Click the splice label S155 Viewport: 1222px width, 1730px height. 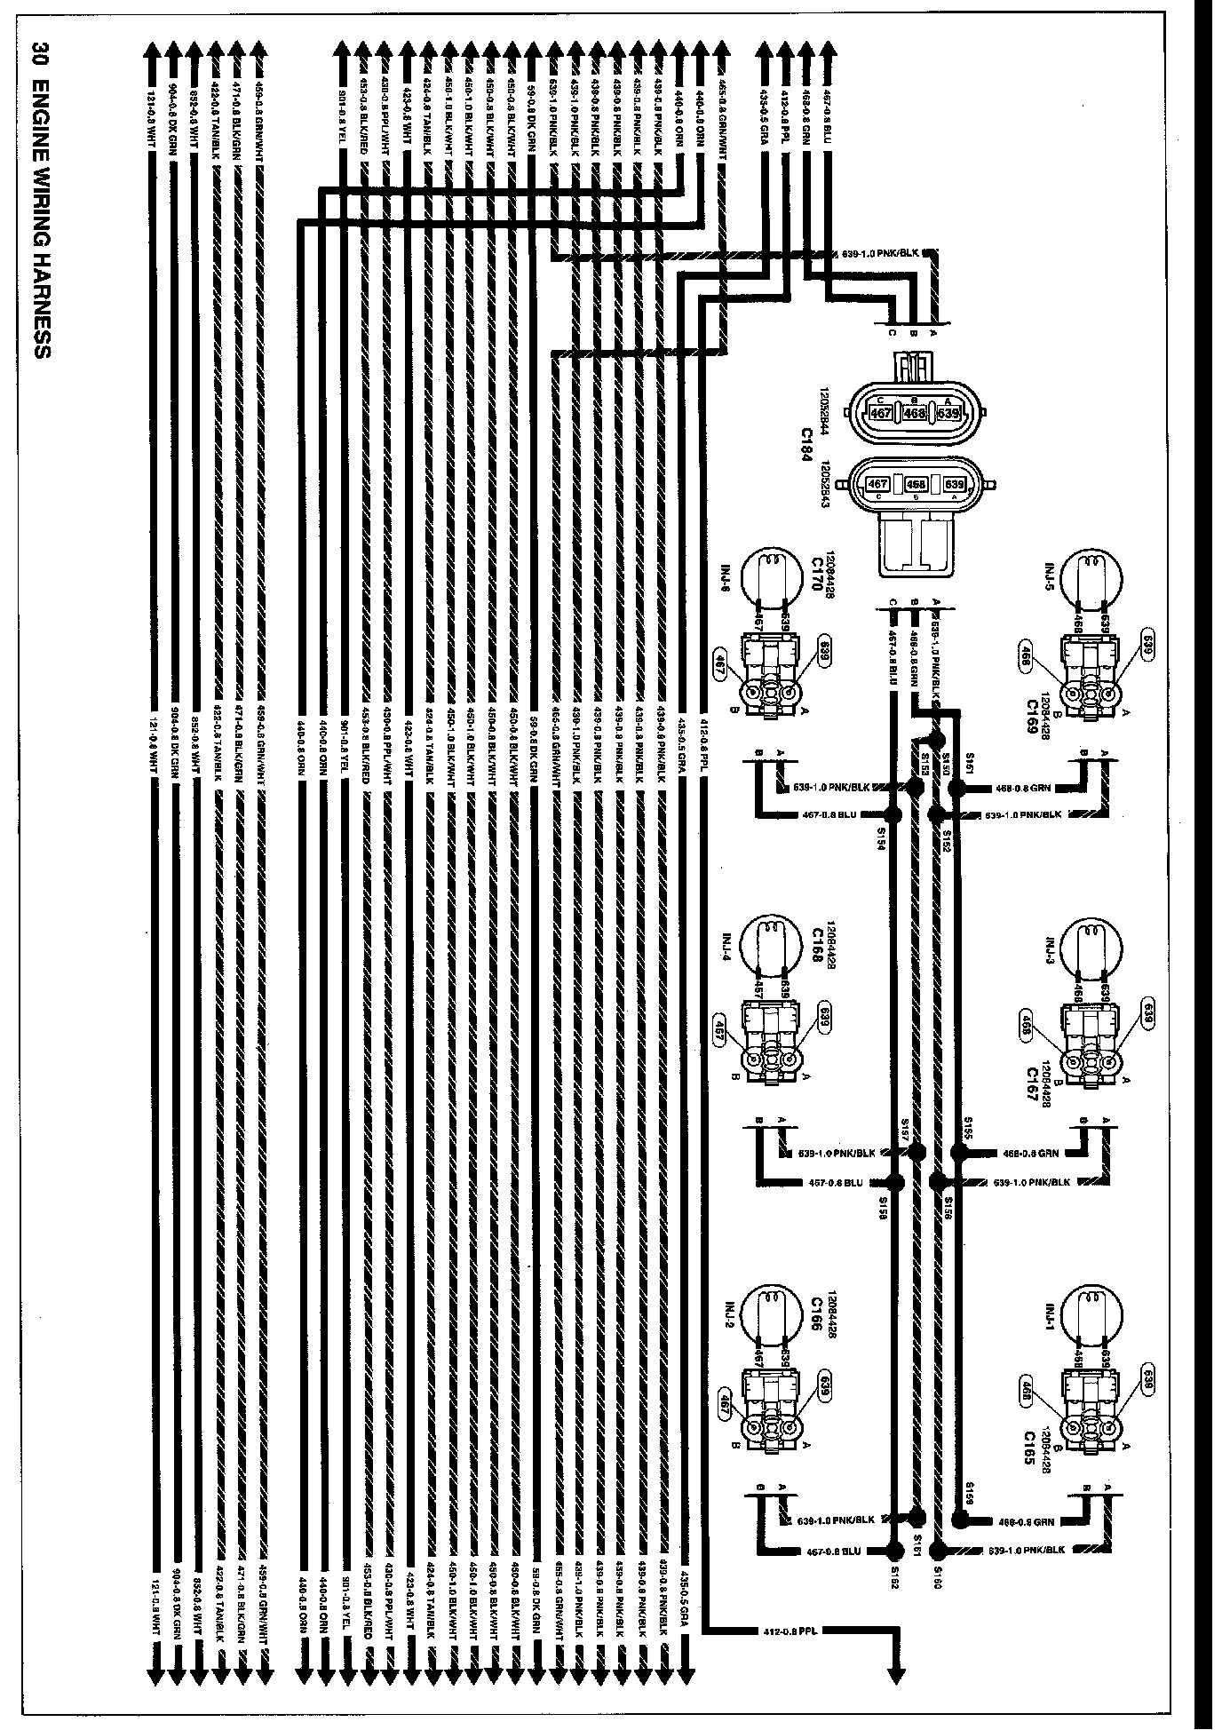(968, 1128)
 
